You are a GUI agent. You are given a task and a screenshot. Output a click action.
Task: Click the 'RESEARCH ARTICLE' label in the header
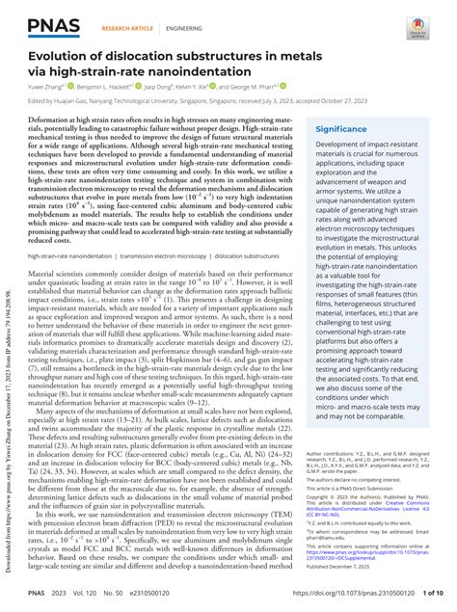pyautogui.click(x=126, y=29)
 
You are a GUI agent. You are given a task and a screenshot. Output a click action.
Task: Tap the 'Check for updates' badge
pyautogui.click(x=423, y=21)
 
